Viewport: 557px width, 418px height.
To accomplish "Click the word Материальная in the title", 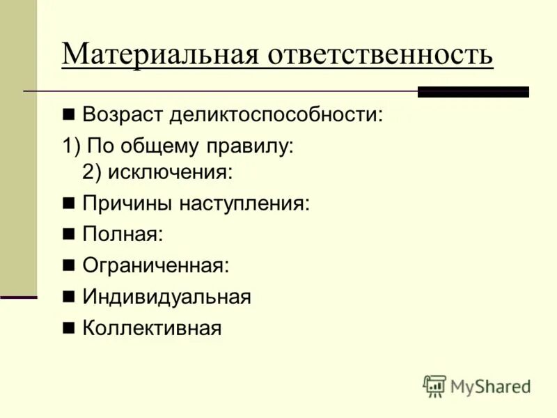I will (x=159, y=55).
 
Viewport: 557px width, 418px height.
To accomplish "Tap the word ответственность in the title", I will (x=380, y=55).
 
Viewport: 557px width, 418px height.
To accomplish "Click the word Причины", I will (x=126, y=203).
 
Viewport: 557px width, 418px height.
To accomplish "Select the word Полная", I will (x=123, y=235).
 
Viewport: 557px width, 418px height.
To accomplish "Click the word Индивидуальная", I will (x=166, y=297).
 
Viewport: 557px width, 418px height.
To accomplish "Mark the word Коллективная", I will (x=152, y=327).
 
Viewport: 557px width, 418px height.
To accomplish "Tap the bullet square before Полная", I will (x=68, y=235).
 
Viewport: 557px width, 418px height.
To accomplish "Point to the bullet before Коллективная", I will (x=68, y=327).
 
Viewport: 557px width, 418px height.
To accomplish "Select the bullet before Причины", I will (x=68, y=203).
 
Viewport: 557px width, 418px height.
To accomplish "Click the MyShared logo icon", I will (x=434, y=386).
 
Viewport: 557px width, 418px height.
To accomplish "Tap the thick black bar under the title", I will (x=473, y=91).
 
